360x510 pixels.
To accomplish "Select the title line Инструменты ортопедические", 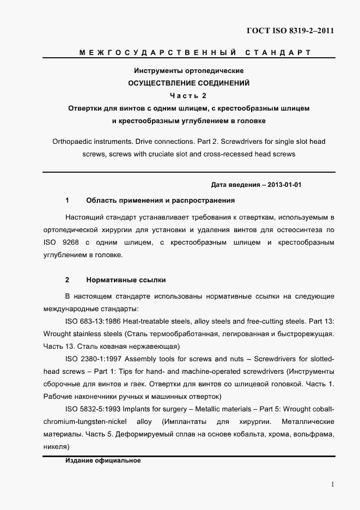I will pos(188,71).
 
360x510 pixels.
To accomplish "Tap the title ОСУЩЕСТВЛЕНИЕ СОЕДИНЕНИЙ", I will pos(188,83).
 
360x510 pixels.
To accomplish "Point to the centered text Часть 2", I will pos(188,96).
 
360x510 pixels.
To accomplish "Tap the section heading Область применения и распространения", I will pos(160,201).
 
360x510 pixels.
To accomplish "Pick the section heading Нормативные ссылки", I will pos(126,280).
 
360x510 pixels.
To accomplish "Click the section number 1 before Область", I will pos(67,201).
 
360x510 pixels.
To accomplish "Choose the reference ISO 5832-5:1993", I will pos(92,409).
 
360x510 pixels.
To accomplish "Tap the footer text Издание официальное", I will pos(103,460).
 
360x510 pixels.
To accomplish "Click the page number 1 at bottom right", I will pos(332,484).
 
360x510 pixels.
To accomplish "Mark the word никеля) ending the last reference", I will pos(56,447).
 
